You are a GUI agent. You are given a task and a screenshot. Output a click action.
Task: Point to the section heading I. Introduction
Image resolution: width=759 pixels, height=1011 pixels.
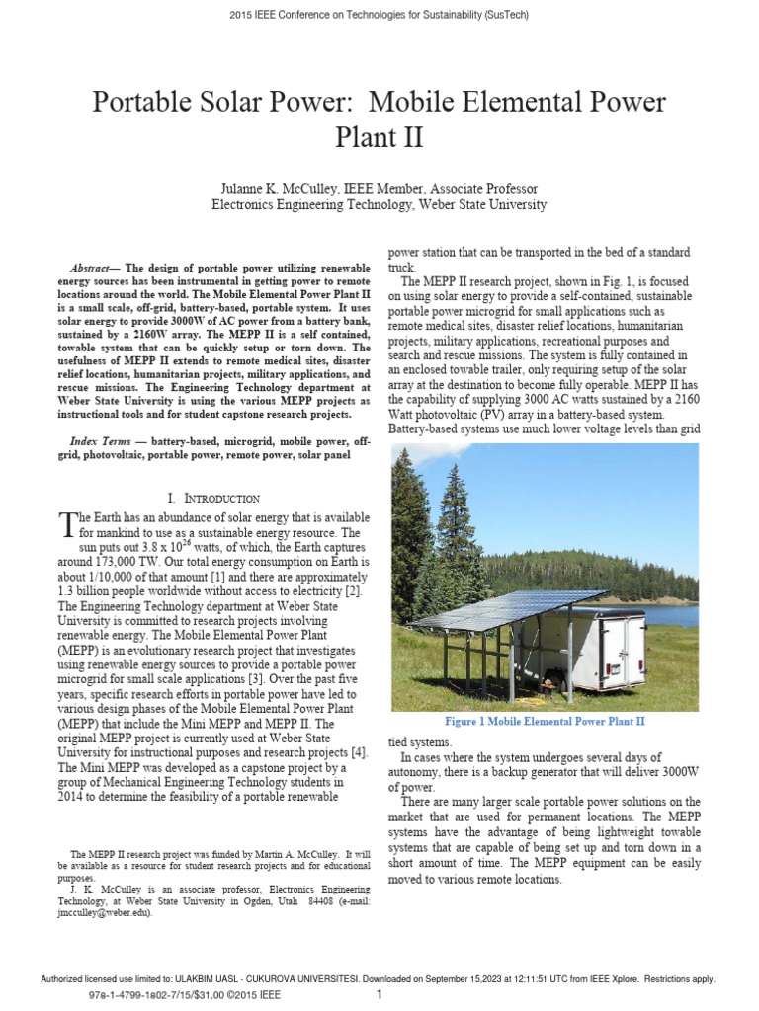tap(214, 498)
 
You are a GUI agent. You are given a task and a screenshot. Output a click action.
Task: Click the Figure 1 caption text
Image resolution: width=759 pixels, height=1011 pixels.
tap(545, 722)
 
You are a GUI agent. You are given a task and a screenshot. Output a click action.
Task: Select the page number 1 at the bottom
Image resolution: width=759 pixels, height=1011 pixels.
tap(379, 995)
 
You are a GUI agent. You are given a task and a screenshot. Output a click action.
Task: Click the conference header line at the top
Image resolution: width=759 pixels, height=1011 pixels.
tap(379, 16)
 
